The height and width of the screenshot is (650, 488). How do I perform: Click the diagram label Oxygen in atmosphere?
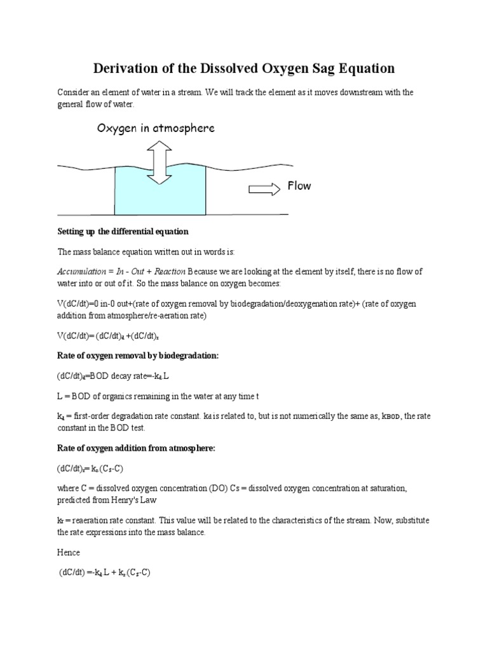tap(156, 128)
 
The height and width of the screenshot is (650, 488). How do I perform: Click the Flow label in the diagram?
tap(299, 187)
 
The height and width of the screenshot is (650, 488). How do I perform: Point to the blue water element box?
tap(160, 190)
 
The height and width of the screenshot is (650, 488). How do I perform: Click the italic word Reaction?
tap(166, 271)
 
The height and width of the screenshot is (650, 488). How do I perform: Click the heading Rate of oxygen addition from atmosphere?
tap(136, 448)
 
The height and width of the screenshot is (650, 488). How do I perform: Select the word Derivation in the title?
tap(127, 68)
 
